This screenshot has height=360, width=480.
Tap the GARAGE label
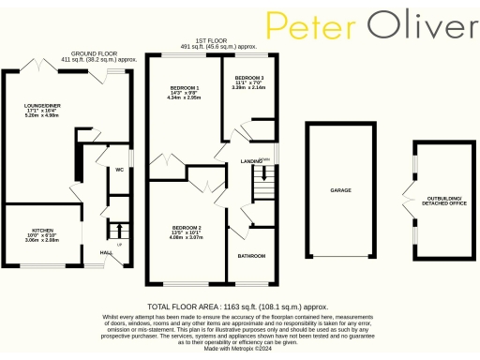(x=339, y=189)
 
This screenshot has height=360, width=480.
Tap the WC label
(x=120, y=170)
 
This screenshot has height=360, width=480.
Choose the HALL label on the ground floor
(x=106, y=251)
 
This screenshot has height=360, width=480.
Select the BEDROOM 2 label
(x=186, y=228)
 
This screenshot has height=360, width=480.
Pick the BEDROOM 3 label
(x=248, y=77)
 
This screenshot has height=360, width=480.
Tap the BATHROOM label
(x=250, y=256)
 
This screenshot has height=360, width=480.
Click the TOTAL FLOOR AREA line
(x=238, y=307)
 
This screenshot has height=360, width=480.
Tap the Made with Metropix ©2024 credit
(x=238, y=350)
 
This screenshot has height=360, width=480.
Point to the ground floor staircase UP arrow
(x=118, y=231)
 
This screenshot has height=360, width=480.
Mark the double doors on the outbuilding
(x=405, y=201)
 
